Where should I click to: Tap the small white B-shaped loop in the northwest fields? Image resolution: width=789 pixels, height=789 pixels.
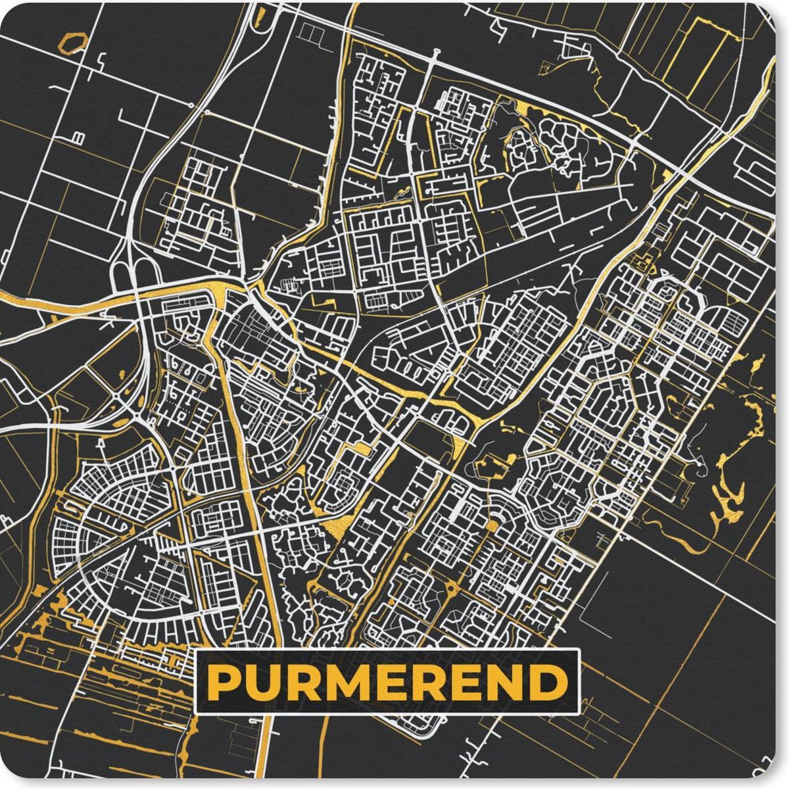(x=79, y=137)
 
